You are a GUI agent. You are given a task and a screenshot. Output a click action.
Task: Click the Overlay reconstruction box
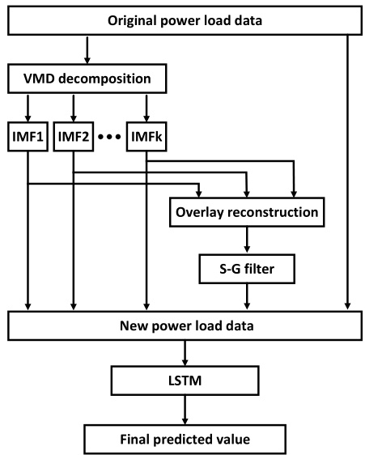[246, 213]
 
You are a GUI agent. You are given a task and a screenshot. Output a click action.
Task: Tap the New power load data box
[182, 325]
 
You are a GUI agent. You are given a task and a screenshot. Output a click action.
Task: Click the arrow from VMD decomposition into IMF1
[29, 106]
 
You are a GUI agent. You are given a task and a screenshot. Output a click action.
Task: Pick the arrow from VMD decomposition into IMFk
[146, 106]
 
